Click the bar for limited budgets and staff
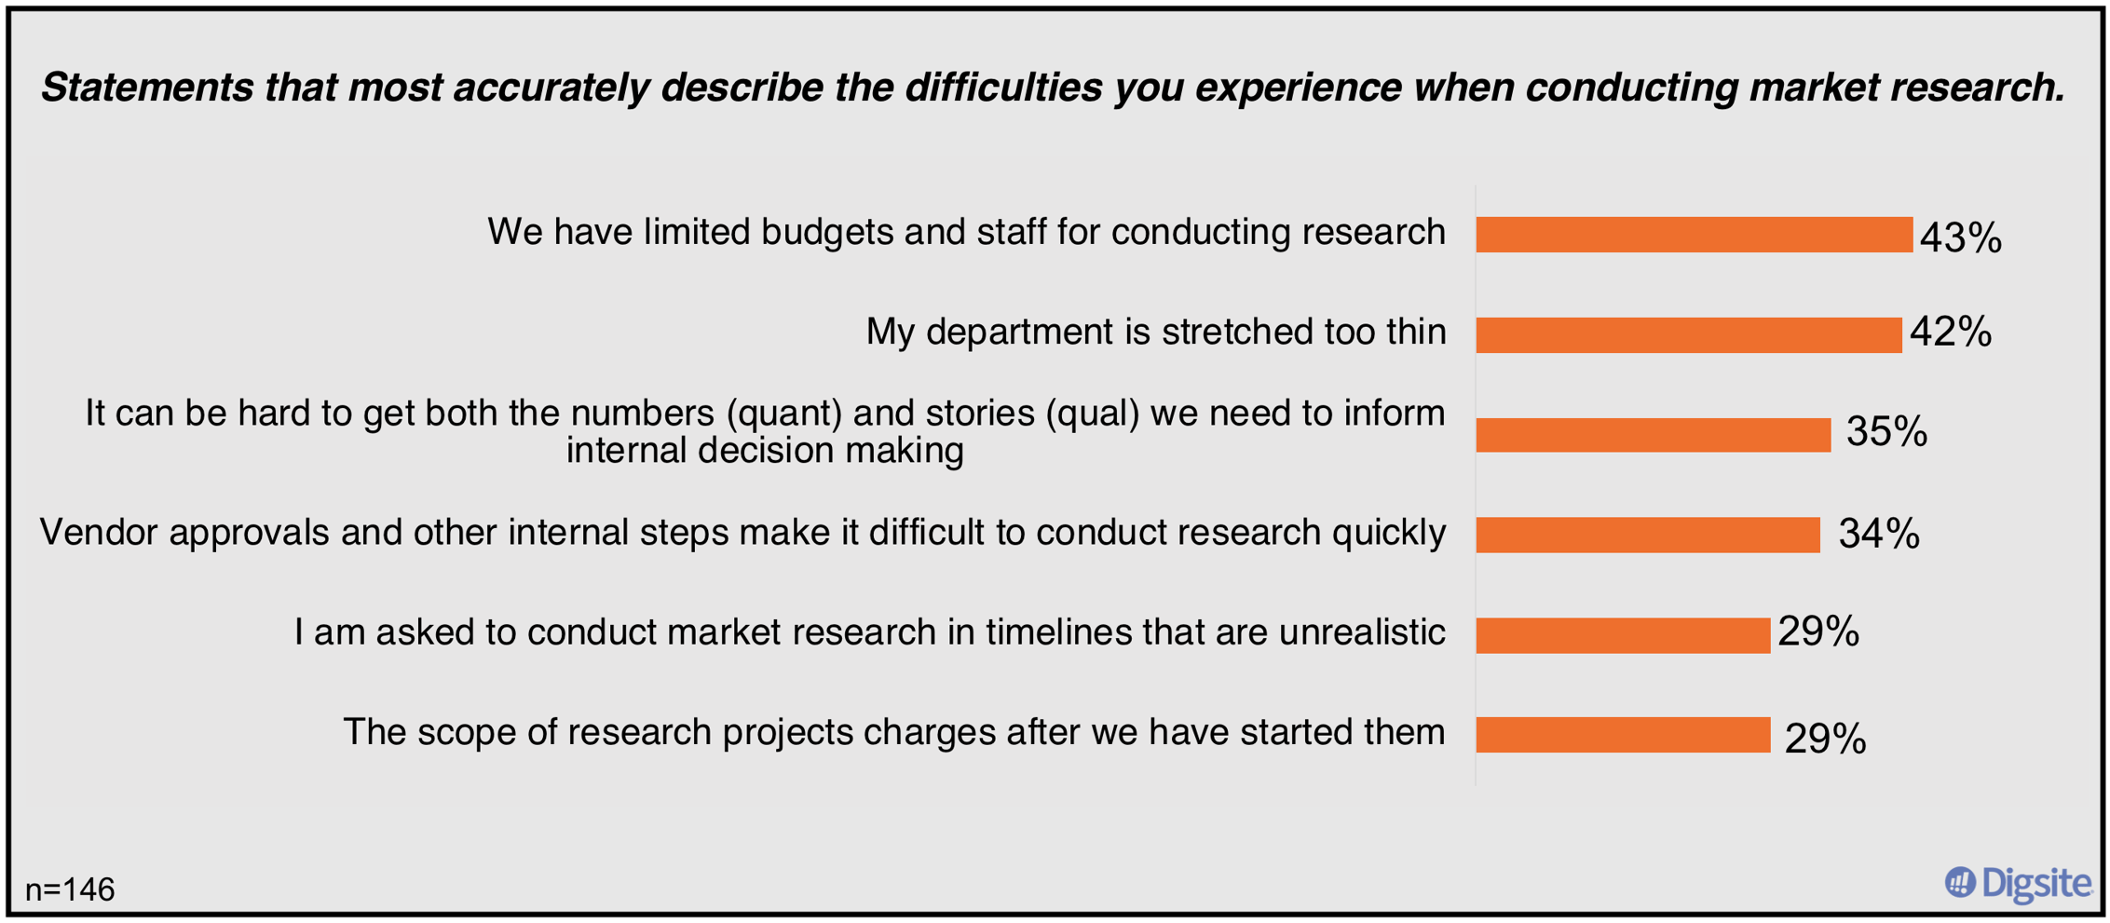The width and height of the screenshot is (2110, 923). [x=1693, y=235]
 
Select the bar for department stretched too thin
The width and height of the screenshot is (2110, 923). [x=1687, y=335]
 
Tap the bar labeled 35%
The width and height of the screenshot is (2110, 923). [x=1652, y=435]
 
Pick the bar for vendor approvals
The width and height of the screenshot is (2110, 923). [x=1647, y=535]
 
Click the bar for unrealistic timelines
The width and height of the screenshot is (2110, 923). [x=1622, y=635]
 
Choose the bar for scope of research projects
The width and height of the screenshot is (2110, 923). [x=1622, y=735]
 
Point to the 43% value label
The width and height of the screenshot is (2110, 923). [x=1960, y=238]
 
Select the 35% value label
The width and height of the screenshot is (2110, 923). [x=1885, y=432]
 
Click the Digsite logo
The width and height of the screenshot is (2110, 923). [x=2018, y=883]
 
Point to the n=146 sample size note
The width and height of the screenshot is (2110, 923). [x=70, y=890]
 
